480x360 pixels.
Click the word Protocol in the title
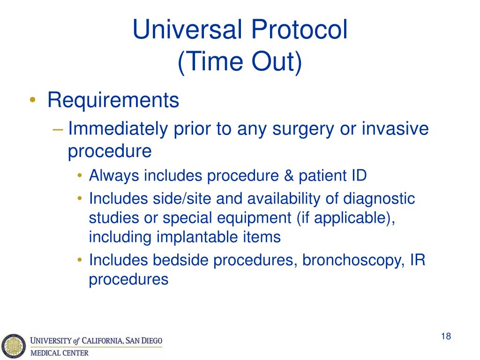tap(297, 30)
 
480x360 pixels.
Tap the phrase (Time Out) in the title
tap(240, 63)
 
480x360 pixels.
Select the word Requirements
tap(113, 100)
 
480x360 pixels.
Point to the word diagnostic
tap(379, 199)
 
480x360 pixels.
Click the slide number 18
tap(446, 336)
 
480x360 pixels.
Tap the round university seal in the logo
tap(13, 345)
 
